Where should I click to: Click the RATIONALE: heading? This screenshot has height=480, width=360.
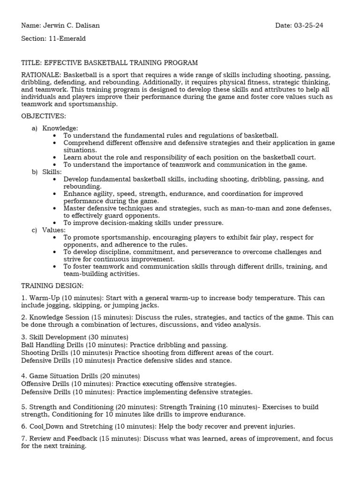[41, 75]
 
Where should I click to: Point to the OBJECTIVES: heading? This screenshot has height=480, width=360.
[44, 116]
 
